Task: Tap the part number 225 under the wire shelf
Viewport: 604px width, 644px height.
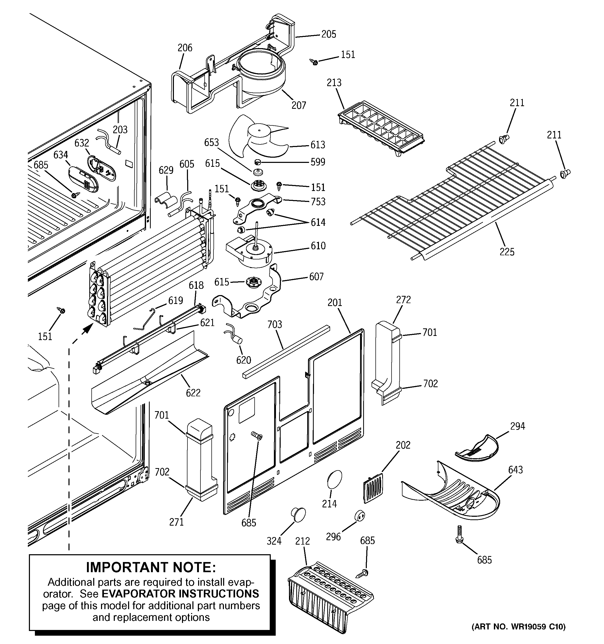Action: coord(507,252)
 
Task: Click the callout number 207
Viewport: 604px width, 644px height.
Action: coord(299,105)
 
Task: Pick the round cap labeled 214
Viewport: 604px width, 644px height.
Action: coord(335,480)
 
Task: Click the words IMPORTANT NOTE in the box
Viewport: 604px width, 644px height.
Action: coord(151,567)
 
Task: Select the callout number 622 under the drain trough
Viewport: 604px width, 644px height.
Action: coord(193,393)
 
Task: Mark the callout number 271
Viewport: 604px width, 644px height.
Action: coord(176,522)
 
